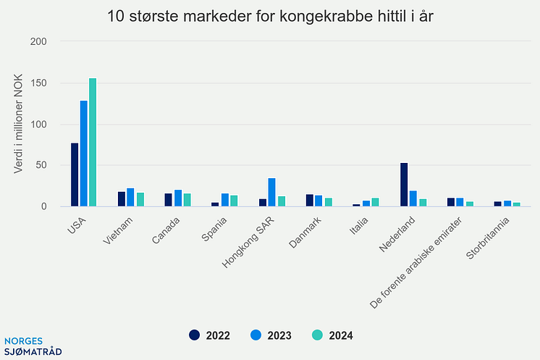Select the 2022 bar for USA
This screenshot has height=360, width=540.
[75, 175]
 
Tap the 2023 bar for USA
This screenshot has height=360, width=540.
[84, 154]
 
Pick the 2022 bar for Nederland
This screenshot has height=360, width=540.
[404, 185]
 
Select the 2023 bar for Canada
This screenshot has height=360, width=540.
[178, 198]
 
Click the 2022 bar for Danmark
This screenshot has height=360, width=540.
[310, 200]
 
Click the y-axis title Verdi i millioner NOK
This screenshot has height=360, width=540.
[20, 125]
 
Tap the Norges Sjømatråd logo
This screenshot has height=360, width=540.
[33, 346]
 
